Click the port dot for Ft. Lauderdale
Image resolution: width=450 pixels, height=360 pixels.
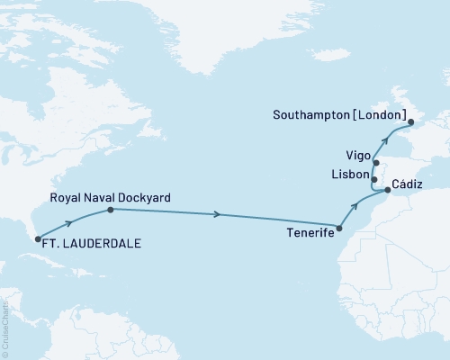(x=37, y=239)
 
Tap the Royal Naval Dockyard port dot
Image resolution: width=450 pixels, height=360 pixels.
(x=110, y=210)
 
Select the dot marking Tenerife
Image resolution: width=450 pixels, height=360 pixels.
(x=339, y=229)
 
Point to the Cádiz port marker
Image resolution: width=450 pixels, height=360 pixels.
(x=388, y=190)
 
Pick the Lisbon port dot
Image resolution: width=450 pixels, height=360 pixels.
(x=373, y=179)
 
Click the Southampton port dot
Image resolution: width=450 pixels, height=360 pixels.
(x=409, y=121)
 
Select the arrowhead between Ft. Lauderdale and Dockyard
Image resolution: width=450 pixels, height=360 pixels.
(x=69, y=221)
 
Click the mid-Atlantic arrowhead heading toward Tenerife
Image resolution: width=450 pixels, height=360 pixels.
(x=218, y=215)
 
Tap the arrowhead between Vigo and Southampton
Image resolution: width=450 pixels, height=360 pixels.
(x=387, y=141)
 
